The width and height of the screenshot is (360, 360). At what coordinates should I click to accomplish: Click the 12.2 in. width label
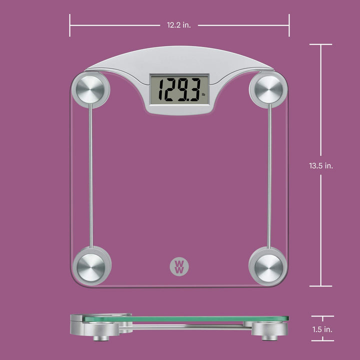click(179, 25)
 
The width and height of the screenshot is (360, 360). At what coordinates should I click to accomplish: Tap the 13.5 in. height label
click(321, 165)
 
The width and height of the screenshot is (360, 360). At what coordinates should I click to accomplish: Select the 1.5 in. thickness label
click(322, 329)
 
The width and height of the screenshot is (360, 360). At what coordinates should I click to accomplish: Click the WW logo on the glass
click(179, 267)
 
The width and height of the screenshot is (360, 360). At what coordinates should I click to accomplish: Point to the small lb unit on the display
click(203, 94)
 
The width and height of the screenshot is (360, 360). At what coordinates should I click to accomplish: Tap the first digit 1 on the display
click(161, 89)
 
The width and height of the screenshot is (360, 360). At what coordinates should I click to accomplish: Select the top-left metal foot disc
click(90, 89)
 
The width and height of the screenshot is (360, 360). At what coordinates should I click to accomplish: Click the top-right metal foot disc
click(268, 89)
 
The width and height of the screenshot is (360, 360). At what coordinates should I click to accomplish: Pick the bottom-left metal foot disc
click(91, 267)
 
